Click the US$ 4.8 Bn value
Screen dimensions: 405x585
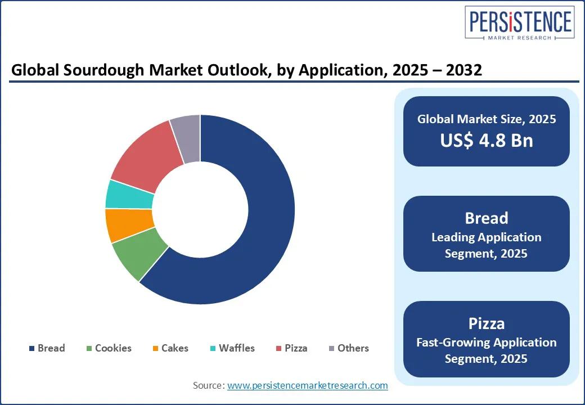click(x=487, y=141)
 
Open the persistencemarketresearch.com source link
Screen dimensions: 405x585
click(x=307, y=385)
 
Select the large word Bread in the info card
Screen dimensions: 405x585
click(x=487, y=218)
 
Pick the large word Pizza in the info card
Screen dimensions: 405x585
click(x=487, y=323)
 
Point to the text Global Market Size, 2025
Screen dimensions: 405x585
click(x=487, y=119)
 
